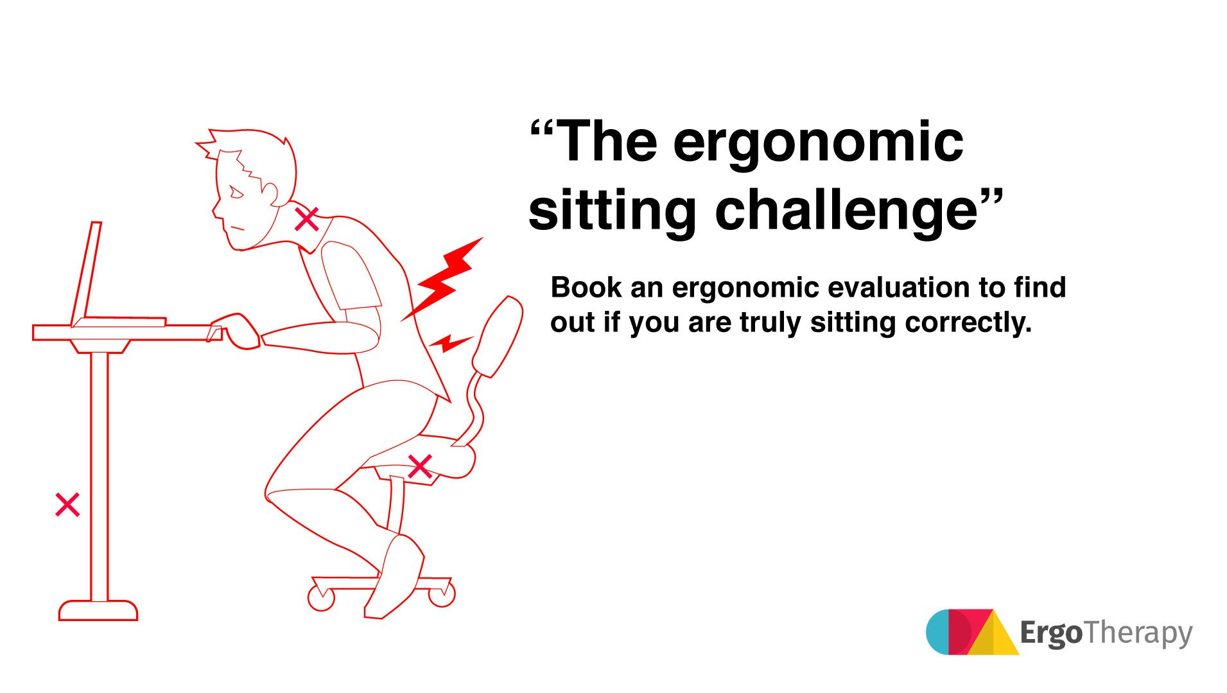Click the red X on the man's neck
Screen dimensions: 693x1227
pos(306,219)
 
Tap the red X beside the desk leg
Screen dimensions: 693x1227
pos(67,505)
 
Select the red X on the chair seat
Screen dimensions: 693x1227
pos(420,467)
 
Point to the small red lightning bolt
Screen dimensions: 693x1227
pos(452,343)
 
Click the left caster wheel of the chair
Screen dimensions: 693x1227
pos(321,598)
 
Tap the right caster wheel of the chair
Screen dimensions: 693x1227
pos(442,594)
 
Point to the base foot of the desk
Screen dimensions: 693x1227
pos(98,611)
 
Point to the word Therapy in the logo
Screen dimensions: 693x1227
pos(1138,633)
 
